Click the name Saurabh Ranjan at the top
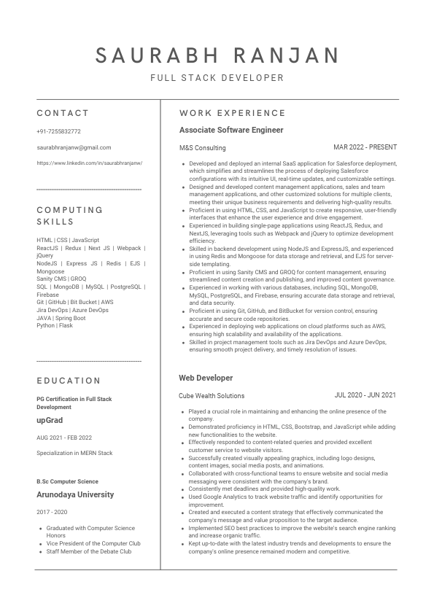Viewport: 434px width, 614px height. point(217,55)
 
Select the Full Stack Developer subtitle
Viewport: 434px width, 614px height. point(217,78)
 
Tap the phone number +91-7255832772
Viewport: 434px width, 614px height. point(58,131)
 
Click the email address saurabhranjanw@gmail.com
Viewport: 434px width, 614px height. point(74,147)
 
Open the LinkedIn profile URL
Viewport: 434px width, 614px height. point(89,163)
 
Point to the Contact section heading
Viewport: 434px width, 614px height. point(63,113)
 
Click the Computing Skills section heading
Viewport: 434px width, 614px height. point(70,216)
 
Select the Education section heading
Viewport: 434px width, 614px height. point(69,381)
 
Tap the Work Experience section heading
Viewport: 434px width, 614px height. point(232,113)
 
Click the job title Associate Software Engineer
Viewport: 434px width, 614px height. point(231,131)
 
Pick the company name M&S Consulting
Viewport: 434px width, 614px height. point(202,148)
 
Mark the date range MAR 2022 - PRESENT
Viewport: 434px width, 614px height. point(365,147)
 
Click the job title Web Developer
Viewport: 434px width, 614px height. point(206,378)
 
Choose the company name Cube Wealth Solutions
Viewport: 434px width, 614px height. point(212,396)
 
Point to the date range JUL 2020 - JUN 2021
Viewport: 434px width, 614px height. point(365,395)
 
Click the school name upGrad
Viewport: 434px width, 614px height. point(50,421)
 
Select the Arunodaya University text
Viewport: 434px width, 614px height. point(75,494)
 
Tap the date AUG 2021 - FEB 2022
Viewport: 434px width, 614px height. point(64,438)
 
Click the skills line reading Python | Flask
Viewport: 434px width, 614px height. point(55,326)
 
